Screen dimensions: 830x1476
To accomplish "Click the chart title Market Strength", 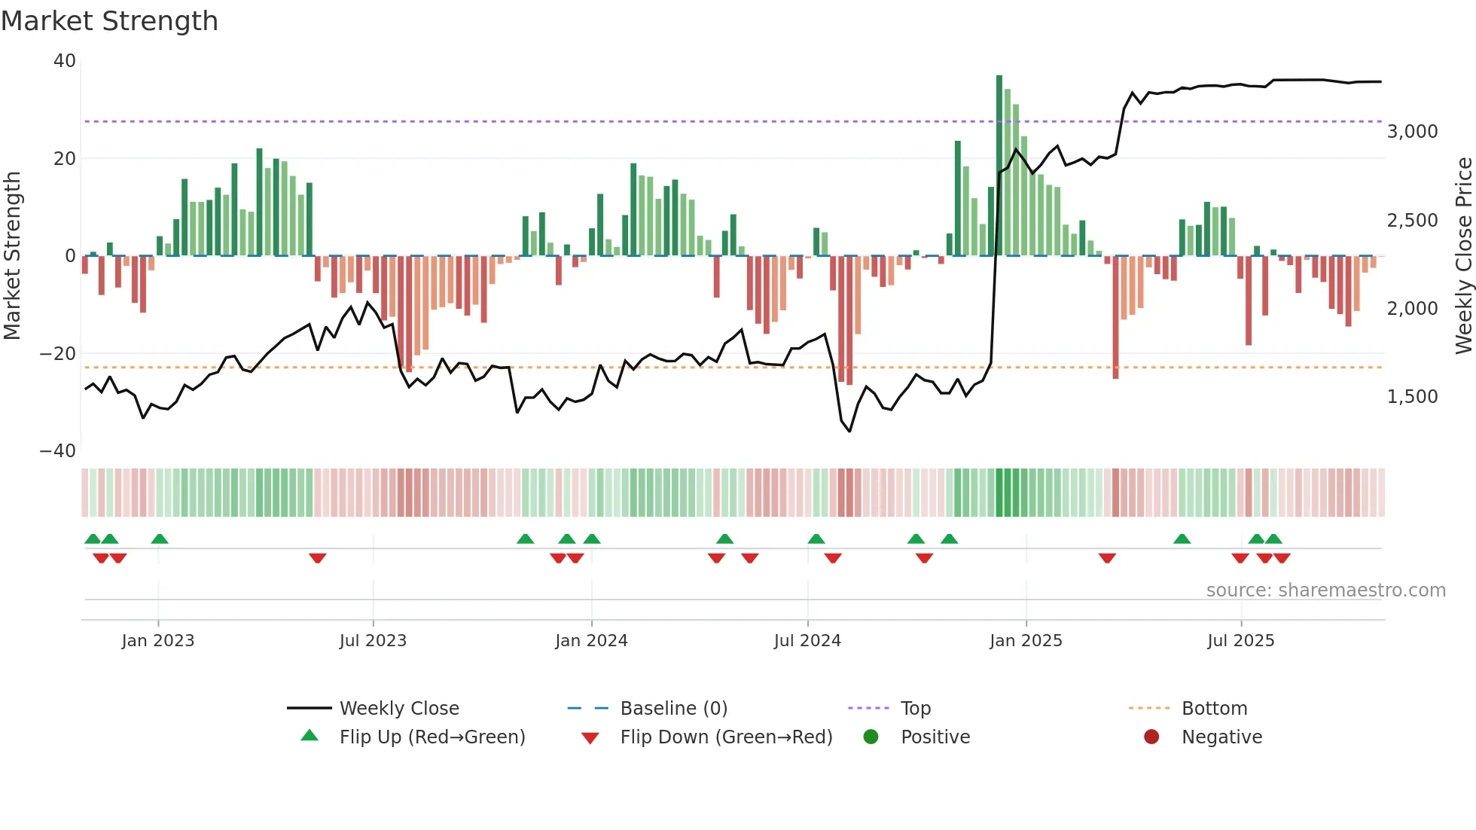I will click(109, 21).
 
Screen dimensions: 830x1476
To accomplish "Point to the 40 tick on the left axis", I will click(65, 61).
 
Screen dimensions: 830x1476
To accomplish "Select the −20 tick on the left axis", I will click(58, 353).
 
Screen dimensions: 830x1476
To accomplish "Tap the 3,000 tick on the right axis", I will click(1412, 132).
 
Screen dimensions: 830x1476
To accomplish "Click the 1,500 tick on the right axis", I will click(1412, 397).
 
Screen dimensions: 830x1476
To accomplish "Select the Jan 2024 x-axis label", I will click(591, 641).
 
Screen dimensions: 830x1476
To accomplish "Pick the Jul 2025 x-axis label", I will click(1240, 641).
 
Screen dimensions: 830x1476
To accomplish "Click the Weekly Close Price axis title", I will click(1463, 255).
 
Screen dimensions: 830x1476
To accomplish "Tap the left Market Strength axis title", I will click(13, 255).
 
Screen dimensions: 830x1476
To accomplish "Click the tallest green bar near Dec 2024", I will click(999, 166).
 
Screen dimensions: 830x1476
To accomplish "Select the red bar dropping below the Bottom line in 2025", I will click(1115, 316).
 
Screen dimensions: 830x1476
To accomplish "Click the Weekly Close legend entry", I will click(398, 709).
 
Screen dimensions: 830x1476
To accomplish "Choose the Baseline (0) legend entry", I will click(673, 709).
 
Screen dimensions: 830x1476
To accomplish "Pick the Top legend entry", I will click(915, 709).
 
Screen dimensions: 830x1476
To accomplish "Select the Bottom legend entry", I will click(1214, 709).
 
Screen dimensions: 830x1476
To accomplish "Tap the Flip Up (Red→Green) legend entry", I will click(432, 737).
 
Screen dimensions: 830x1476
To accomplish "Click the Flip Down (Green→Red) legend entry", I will click(726, 737).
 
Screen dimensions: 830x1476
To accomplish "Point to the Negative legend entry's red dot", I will click(1151, 737).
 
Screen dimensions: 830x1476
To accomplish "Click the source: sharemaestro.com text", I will click(1325, 590).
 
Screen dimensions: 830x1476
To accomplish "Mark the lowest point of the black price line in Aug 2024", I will click(849, 432).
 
